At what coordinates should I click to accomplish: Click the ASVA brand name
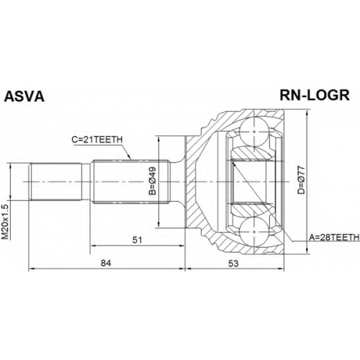24,96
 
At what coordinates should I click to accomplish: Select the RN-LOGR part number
315,95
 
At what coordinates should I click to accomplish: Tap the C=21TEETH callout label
97,140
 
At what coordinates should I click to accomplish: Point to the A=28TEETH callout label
334,238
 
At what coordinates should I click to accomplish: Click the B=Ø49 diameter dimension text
153,181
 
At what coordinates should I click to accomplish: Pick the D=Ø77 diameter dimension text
301,180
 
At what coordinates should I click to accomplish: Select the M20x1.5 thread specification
5,222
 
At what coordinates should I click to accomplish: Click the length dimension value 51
138,240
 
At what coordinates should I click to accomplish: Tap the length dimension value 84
106,264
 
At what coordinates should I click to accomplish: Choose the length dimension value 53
233,264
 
